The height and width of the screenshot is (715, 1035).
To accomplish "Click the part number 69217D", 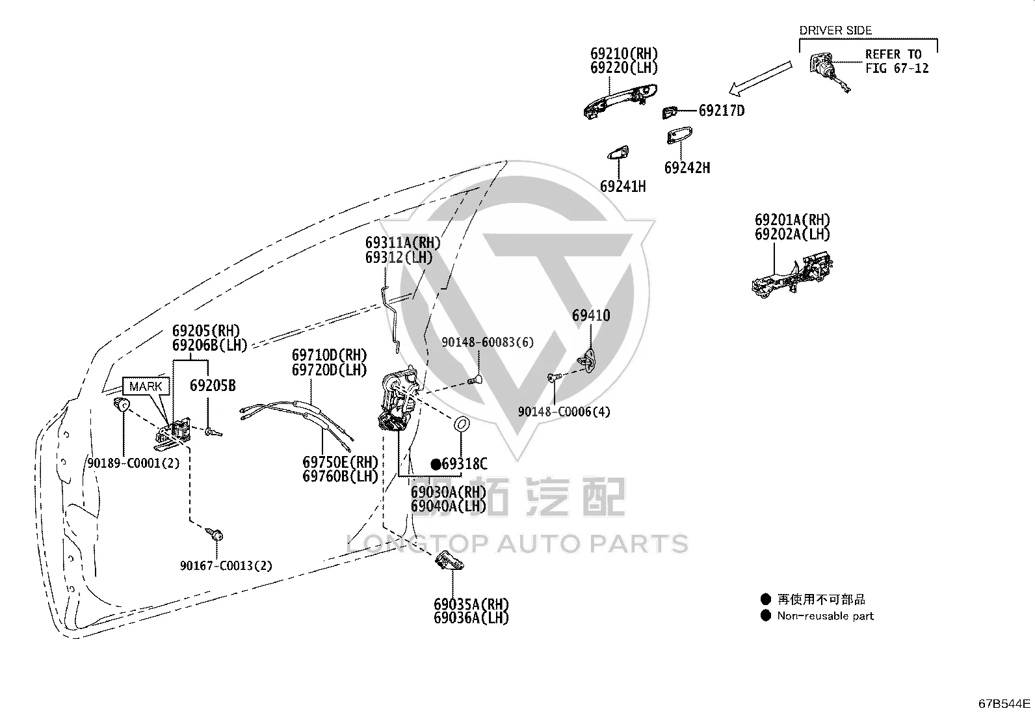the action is point(722,111).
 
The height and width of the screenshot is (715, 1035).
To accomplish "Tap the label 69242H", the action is point(687,167).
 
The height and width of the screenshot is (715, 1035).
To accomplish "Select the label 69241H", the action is point(623,186).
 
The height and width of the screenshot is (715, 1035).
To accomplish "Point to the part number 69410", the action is point(591,316).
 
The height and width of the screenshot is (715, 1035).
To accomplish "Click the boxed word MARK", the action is point(146,386).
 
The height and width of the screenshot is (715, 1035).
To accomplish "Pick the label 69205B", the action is point(213,385).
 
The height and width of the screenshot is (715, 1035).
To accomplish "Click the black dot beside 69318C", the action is point(436,465).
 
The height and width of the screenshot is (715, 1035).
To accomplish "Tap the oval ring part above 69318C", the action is point(461,424).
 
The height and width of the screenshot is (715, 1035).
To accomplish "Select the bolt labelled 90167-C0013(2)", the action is point(215,534).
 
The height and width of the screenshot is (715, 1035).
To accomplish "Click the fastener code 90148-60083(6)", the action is point(488,342).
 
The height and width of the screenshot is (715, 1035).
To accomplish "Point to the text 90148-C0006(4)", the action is point(564,412).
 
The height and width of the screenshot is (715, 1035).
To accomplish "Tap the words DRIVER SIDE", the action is point(835,31).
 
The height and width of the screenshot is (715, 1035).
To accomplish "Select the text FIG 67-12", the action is point(897,68).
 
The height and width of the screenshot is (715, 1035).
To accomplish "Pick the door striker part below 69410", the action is point(587,361).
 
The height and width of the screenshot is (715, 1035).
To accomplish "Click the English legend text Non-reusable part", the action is point(825,616).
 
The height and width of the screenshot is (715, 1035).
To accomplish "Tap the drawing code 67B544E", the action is point(1004,703).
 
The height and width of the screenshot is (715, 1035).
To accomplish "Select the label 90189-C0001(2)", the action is point(133,463).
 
